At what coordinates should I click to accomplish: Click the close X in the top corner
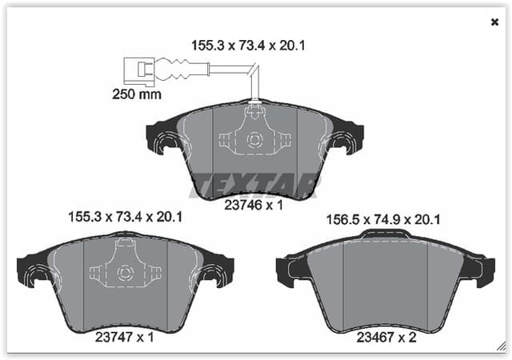(494, 22)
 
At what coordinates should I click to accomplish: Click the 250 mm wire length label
(137, 94)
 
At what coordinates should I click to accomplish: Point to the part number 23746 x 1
(254, 205)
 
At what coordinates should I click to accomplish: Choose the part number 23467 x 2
(386, 338)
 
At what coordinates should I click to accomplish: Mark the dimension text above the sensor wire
(248, 46)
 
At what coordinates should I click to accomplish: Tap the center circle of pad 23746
(254, 140)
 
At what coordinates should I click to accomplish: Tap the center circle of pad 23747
(126, 272)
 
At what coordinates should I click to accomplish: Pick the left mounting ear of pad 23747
(34, 273)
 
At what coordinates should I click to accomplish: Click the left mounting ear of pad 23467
(290, 272)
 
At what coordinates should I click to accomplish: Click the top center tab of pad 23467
(386, 234)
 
